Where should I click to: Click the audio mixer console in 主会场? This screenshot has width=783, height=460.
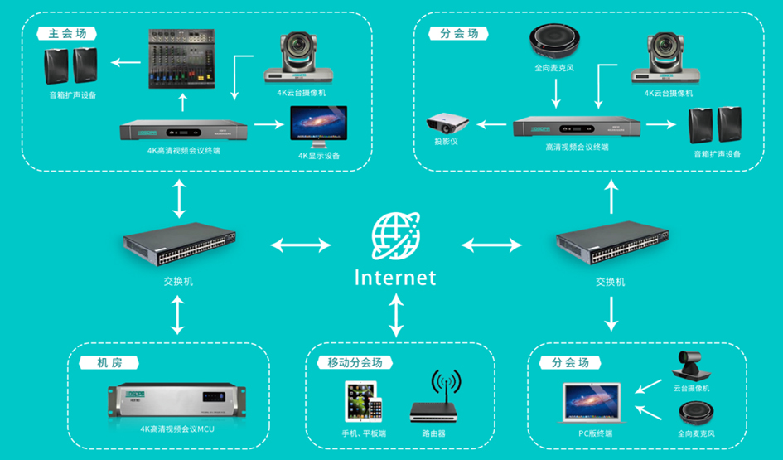click(181, 59)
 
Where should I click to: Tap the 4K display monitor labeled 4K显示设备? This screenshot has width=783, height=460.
click(319, 127)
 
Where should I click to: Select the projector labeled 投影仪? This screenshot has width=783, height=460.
click(447, 123)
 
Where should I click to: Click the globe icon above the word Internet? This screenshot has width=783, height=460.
click(396, 235)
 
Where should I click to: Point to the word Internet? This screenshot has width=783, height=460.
click(395, 278)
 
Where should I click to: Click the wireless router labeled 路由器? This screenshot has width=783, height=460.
click(434, 398)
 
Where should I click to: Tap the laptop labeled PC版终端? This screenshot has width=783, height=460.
click(592, 404)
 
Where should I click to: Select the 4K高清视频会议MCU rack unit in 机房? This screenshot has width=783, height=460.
click(176, 401)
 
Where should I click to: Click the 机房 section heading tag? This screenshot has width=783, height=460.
click(109, 362)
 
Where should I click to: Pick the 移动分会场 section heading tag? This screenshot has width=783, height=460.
click(355, 362)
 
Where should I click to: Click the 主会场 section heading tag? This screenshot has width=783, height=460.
click(67, 34)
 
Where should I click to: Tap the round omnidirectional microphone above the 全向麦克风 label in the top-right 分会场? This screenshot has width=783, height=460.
click(554, 41)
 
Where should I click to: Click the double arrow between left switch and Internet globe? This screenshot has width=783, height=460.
click(301, 245)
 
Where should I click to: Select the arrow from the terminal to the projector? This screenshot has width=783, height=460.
click(491, 124)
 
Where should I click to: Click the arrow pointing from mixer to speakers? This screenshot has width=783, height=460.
click(125, 62)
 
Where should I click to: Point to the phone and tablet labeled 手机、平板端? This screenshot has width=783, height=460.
click(364, 401)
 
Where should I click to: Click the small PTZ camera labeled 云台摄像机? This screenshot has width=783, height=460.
click(692, 366)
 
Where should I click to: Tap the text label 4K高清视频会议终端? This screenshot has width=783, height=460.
click(184, 150)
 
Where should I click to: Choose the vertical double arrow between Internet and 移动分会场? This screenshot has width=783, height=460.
click(396, 315)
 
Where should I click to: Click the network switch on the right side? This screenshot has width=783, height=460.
click(612, 243)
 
